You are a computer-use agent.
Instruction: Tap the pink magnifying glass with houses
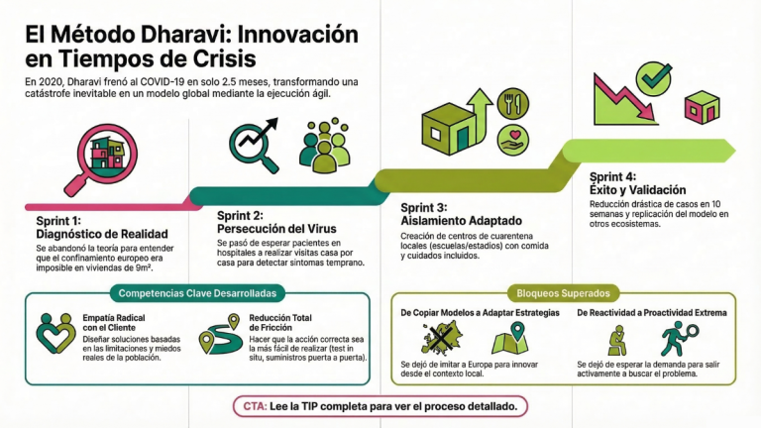point(103,159)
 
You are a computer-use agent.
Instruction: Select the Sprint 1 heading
point(102,228)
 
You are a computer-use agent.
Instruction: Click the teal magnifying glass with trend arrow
point(254,144)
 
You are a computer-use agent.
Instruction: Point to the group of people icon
point(325,145)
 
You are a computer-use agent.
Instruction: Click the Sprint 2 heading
point(276,222)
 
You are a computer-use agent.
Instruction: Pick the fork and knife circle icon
point(513,103)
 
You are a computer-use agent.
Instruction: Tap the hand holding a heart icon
point(513,140)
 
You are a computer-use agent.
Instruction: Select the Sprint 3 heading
point(461,214)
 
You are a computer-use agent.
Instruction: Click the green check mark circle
point(654,78)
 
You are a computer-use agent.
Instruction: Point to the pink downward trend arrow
point(624,98)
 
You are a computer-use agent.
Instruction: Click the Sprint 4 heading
point(638,183)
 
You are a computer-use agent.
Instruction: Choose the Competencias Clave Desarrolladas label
point(197,293)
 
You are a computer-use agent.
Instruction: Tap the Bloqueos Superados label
point(563,293)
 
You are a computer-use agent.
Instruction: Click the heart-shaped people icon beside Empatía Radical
point(55,333)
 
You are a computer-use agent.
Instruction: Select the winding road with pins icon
point(221,334)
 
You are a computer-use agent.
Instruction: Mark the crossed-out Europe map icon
point(441,338)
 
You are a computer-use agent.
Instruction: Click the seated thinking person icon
point(617,340)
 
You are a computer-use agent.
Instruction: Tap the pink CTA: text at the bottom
point(255,406)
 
